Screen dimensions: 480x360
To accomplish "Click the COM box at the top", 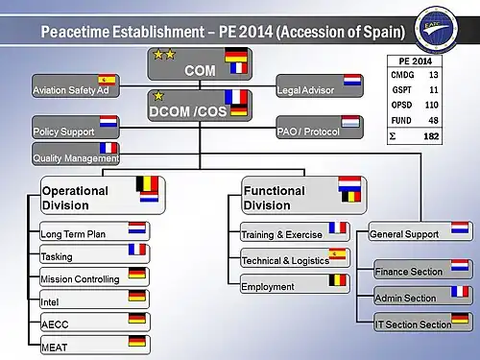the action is click(200, 64).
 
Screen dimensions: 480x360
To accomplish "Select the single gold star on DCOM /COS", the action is click(158, 96).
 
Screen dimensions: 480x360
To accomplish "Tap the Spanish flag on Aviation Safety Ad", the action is click(107, 80).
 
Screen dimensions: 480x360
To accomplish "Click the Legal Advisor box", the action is click(320, 85).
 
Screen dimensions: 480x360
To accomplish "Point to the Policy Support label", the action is click(63, 132).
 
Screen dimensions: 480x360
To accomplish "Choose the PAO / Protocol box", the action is click(320, 127).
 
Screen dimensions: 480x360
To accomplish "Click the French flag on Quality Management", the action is click(108, 148).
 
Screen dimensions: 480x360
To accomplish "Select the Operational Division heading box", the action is click(103, 195).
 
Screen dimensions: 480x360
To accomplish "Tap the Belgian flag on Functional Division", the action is click(351, 197).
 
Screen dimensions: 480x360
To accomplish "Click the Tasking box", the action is click(95, 253).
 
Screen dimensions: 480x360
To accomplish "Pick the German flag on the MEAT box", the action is click(137, 341).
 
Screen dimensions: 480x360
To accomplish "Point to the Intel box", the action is click(95, 300).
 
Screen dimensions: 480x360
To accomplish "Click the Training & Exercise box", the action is click(295, 231).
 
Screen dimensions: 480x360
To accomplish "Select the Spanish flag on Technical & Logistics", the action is click(337, 254).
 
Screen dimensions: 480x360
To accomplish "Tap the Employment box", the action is click(295, 284).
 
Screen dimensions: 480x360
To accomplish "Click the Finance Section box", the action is click(423, 269).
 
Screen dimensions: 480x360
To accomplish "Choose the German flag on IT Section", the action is click(460, 319).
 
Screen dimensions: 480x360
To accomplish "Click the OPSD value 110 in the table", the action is click(431, 105).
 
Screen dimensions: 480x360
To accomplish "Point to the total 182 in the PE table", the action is click(431, 136).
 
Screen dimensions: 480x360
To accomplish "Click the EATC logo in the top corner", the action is click(437, 29).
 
